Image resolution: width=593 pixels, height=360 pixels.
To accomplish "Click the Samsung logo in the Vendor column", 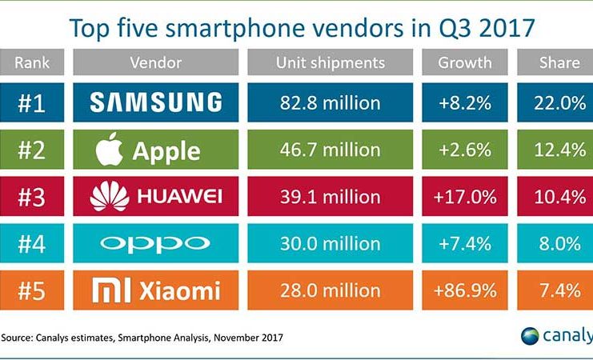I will [156, 102].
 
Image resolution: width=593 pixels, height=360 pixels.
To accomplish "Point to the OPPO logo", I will [156, 243].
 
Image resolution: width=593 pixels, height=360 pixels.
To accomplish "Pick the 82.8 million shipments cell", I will [329, 102].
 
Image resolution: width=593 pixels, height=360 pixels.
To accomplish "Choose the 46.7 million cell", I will [329, 149].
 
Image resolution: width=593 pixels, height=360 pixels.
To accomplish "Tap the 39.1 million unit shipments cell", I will [329, 196].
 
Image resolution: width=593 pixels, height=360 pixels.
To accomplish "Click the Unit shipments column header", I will [329, 62].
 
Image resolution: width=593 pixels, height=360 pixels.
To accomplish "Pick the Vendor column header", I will [155, 62].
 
